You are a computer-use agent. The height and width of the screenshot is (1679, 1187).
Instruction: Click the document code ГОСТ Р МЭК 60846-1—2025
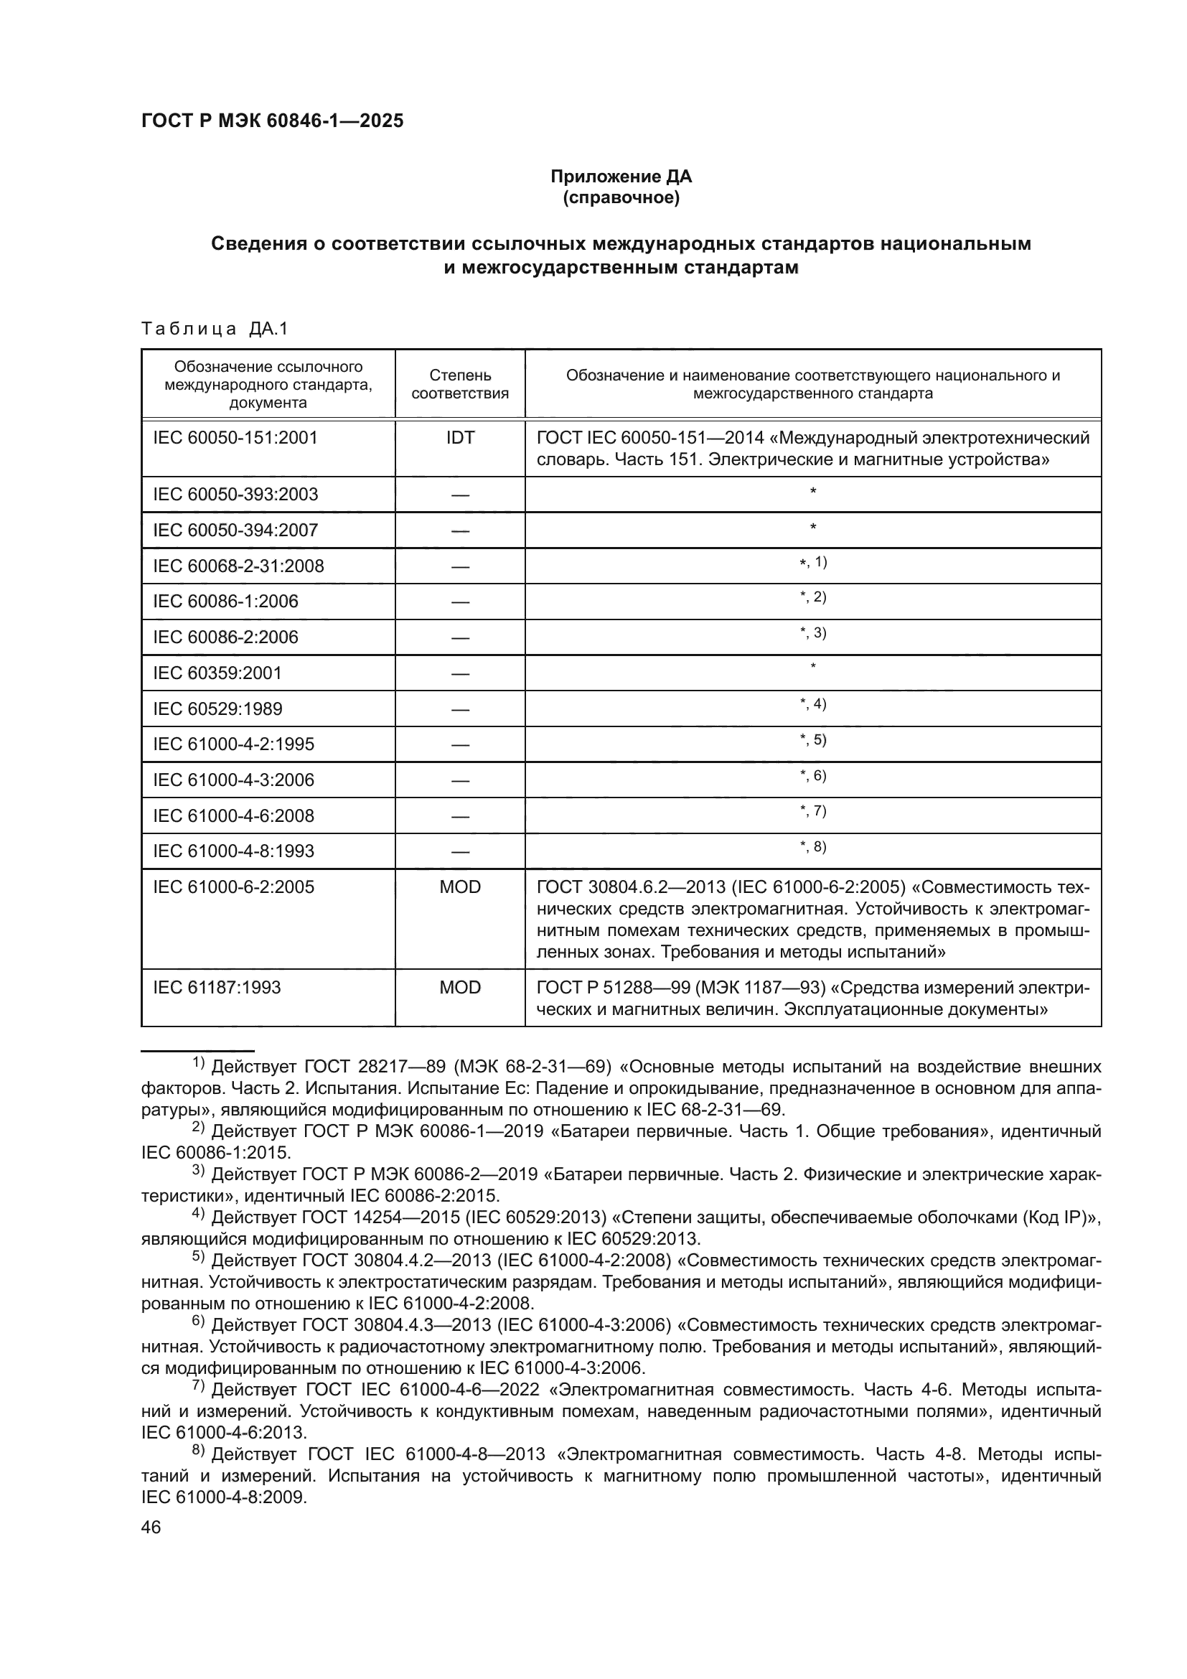272,121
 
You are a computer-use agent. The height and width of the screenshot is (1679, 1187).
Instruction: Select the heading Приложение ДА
621,177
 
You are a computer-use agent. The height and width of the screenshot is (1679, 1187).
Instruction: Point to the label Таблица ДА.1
215,329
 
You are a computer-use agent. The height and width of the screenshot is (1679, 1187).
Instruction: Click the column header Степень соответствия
460,385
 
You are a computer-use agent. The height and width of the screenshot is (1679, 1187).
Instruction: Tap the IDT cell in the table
460,438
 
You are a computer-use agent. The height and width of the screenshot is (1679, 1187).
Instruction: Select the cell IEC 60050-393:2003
235,495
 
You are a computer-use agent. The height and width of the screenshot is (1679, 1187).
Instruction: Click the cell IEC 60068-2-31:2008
238,566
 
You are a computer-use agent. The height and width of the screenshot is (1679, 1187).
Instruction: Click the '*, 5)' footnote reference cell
813,740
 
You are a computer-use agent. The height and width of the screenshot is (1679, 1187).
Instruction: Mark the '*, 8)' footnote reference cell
813,847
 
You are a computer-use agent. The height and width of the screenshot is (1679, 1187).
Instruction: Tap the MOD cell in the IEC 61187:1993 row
460,988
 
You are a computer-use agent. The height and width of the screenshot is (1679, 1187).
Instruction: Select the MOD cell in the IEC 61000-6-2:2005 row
460,887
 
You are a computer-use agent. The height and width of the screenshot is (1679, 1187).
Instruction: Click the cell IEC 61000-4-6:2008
233,815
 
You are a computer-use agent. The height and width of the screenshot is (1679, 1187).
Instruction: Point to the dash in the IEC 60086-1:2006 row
460,602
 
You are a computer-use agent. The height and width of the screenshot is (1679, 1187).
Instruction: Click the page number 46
151,1527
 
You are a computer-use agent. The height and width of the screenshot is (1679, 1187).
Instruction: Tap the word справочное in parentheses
621,198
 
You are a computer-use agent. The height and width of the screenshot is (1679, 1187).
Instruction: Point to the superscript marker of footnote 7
198,1385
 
